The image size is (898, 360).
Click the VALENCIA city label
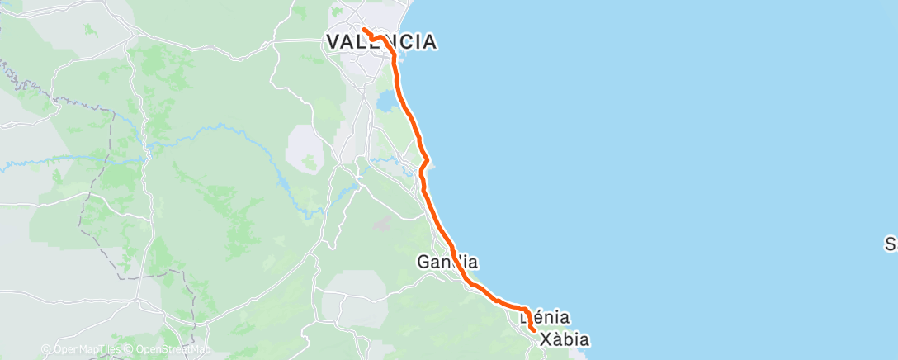coord(380,42)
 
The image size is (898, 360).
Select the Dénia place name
coord(546,316)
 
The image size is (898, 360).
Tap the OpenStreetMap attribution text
coord(173,349)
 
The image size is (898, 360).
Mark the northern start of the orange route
coord(364,31)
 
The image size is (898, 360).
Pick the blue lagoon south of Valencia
coord(385,102)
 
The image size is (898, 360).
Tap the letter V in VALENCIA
coord(333,42)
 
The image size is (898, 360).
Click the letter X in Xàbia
coord(546,339)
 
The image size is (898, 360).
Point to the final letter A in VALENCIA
coord(429,42)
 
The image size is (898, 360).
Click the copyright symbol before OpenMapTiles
coord(46,349)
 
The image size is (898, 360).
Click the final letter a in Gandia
coord(472,263)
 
